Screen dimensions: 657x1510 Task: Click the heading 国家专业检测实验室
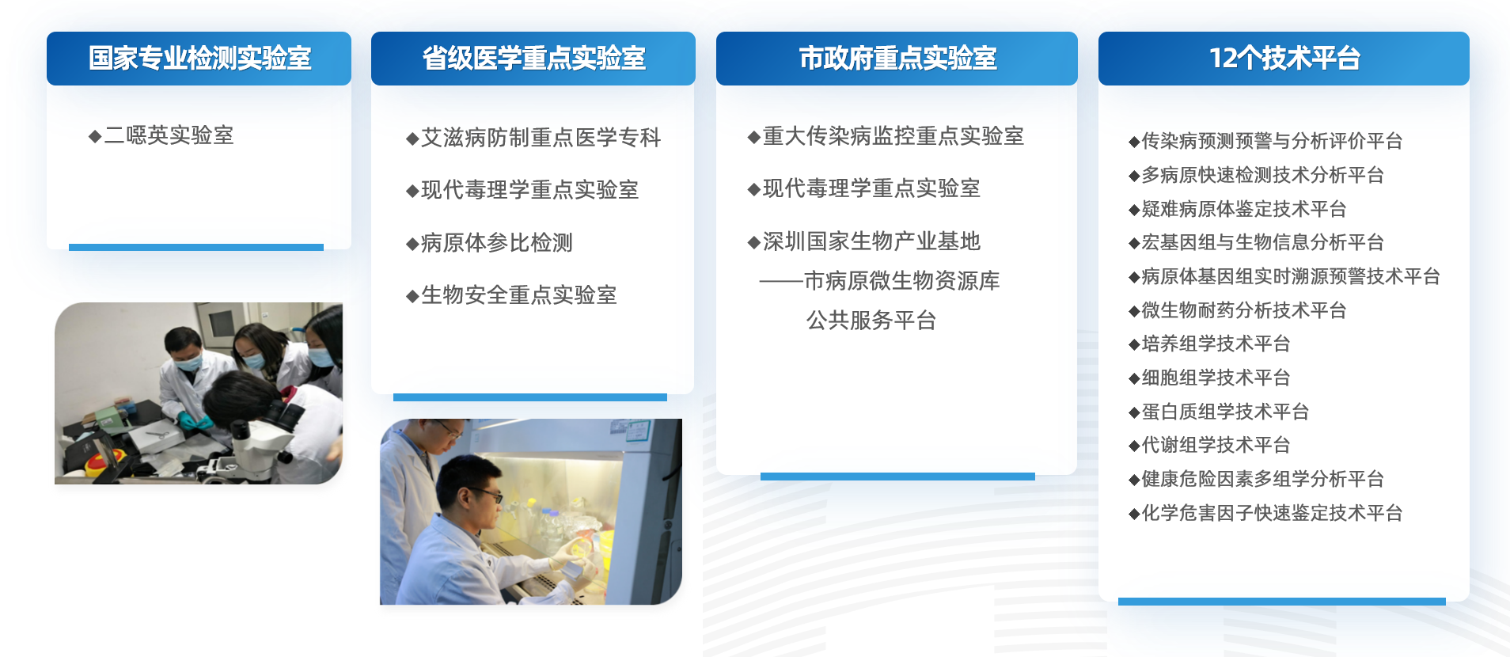click(x=199, y=59)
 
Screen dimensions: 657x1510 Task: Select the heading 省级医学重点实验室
click(x=533, y=59)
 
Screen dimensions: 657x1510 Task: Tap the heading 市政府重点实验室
click(x=897, y=59)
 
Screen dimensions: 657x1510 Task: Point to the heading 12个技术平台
click(x=1284, y=59)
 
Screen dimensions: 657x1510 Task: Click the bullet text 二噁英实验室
click(x=169, y=135)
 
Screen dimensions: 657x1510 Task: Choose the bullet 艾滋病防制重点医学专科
click(x=541, y=138)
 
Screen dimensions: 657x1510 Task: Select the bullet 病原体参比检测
click(x=496, y=243)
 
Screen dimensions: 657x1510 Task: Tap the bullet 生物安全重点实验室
click(x=518, y=295)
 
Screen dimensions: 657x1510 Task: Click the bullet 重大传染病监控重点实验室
click(x=893, y=136)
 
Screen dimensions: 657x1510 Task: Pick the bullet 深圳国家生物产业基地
click(x=871, y=241)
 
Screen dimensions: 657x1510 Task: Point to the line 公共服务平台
click(x=871, y=321)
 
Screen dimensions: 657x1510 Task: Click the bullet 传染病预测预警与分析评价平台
click(x=1272, y=141)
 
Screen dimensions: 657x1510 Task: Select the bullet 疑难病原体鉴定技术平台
click(x=1243, y=209)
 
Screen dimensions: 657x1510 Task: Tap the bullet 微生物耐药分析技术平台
click(x=1243, y=310)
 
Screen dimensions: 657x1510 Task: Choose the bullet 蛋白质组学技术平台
click(x=1225, y=412)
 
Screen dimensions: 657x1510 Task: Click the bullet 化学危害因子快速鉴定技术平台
click(x=1272, y=513)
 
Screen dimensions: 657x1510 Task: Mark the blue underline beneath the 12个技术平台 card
click(x=1281, y=602)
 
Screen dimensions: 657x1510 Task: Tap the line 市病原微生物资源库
click(x=901, y=281)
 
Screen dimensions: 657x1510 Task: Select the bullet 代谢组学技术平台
click(x=1216, y=445)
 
